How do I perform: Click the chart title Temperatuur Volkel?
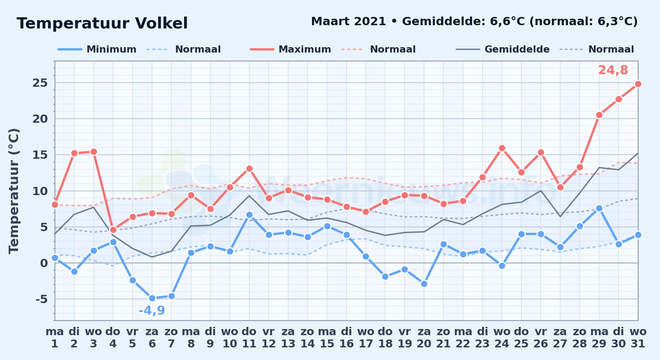[102, 23]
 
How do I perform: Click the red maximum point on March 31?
[638, 84]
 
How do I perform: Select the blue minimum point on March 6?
[152, 298]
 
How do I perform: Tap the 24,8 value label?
[613, 70]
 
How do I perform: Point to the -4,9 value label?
[152, 311]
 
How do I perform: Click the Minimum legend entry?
[97, 49]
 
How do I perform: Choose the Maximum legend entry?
[290, 49]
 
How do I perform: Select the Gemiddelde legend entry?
[503, 49]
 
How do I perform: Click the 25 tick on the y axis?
[40, 83]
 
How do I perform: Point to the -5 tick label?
[41, 299]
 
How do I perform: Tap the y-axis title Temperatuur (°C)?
[14, 191]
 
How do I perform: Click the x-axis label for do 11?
[249, 338]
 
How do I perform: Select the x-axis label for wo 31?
[638, 338]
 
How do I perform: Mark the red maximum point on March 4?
[113, 230]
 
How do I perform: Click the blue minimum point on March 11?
[249, 215]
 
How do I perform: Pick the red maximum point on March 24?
[502, 148]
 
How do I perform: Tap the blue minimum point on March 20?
[424, 284]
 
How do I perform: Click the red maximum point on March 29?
[599, 115]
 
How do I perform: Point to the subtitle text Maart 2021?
[348, 21]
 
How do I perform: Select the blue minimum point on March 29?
[599, 208]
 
